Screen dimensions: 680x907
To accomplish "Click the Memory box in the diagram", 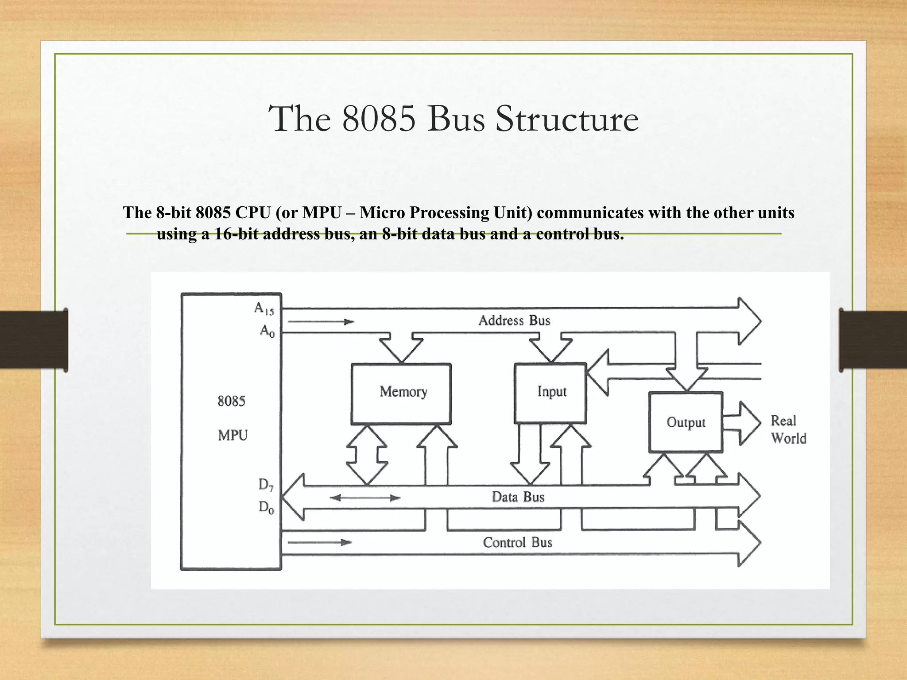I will (x=401, y=393).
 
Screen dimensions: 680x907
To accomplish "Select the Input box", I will (x=550, y=393).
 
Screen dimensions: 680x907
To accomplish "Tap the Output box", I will (x=686, y=422).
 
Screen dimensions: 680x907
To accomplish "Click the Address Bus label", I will (x=514, y=321).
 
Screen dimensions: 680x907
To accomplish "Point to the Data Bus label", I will (x=518, y=497).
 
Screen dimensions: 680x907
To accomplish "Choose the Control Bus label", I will (x=517, y=542).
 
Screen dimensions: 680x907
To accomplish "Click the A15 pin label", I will (x=264, y=309).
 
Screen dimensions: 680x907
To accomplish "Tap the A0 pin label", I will (x=267, y=331).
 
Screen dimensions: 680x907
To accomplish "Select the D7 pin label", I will (x=266, y=485).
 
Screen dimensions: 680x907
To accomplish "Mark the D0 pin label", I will (x=266, y=507).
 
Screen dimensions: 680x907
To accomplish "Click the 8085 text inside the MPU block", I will (x=231, y=401).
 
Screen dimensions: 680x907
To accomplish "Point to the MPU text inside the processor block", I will (x=233, y=436).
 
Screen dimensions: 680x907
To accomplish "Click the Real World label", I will (x=788, y=429).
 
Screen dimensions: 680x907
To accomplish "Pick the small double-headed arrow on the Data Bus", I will (x=365, y=498).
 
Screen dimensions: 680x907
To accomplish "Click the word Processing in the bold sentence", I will (x=454, y=213).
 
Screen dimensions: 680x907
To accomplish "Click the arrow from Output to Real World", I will (x=743, y=423).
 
